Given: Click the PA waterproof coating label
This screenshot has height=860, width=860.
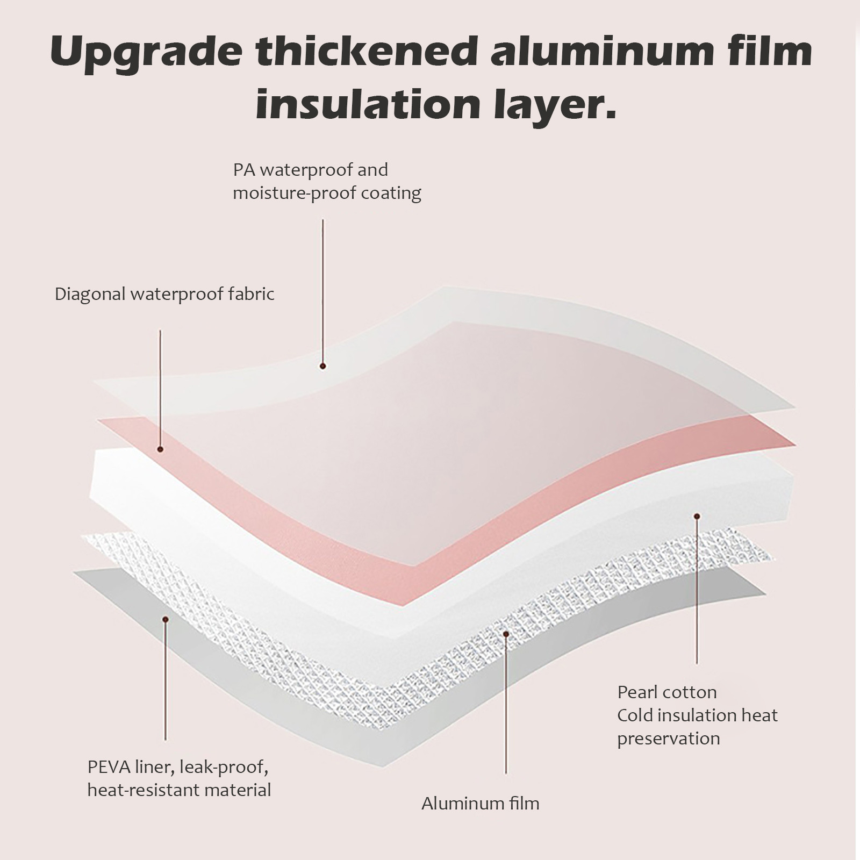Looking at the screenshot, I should pyautogui.click(x=326, y=181).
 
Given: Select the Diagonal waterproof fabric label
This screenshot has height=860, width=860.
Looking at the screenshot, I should pyautogui.click(x=164, y=294).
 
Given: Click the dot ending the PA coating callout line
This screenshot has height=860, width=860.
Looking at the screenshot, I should pyautogui.click(x=323, y=366).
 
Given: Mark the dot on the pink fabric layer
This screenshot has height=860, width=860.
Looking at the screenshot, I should pyautogui.click(x=160, y=449).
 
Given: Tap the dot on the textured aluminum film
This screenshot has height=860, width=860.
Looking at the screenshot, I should pyautogui.click(x=506, y=634).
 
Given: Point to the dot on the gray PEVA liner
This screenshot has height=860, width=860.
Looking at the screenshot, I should pyautogui.click(x=166, y=620).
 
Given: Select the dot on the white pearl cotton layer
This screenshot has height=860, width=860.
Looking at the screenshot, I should pyautogui.click(x=697, y=517).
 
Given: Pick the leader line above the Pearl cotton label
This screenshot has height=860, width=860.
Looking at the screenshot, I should pyautogui.click(x=697, y=591).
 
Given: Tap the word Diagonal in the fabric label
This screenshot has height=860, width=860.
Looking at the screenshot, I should pyautogui.click(x=90, y=294).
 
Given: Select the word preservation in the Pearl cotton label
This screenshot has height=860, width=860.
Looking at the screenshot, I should pyautogui.click(x=668, y=739).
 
